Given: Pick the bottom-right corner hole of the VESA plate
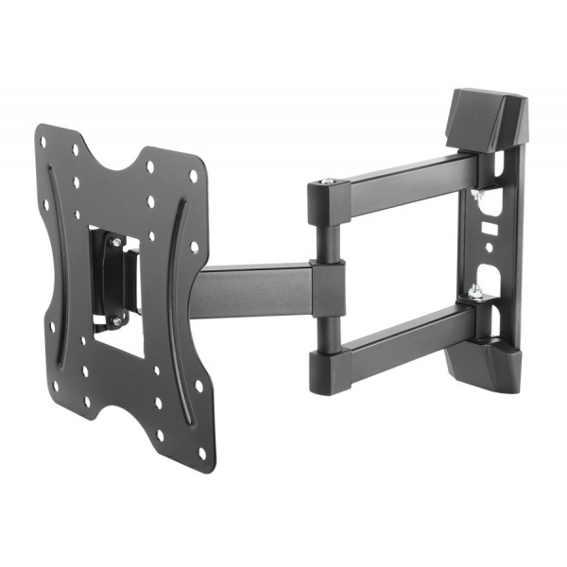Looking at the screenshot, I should click(x=201, y=452).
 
